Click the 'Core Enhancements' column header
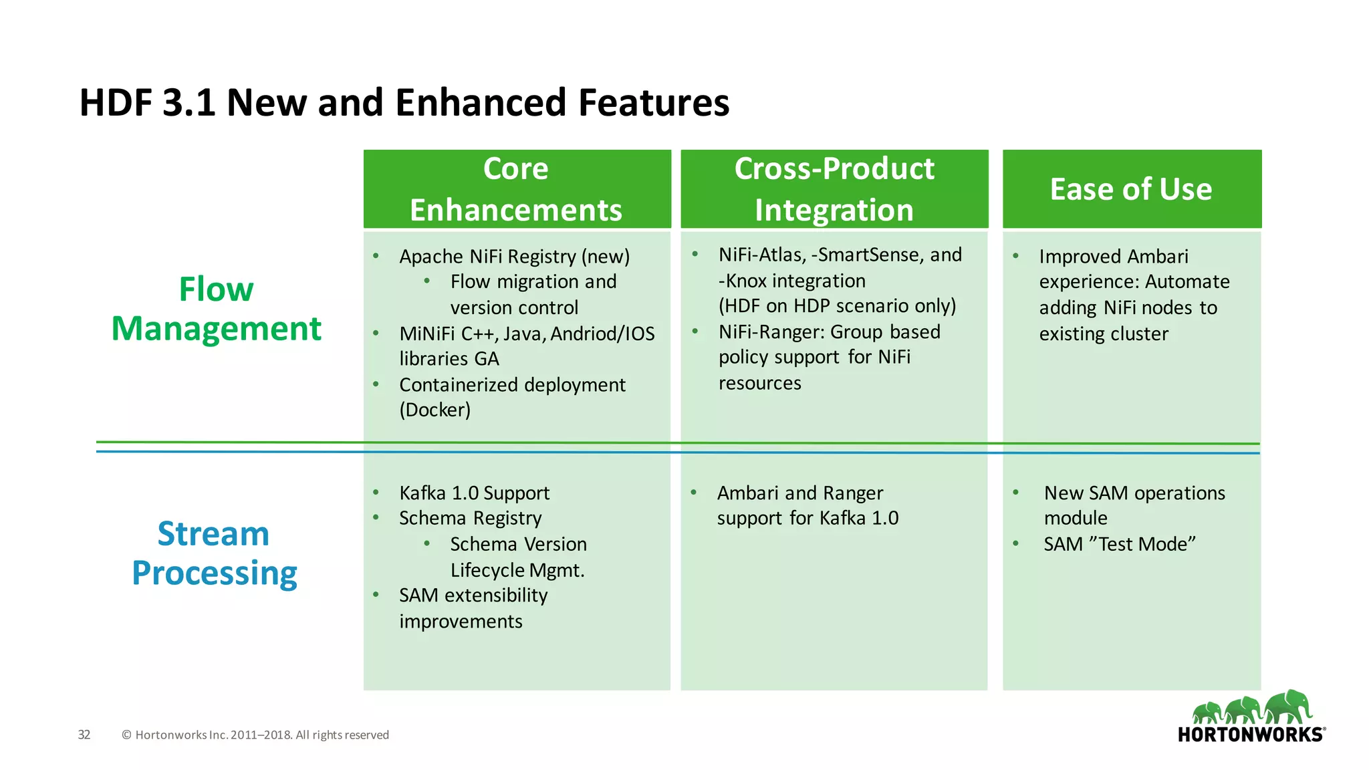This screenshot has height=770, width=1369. click(516, 189)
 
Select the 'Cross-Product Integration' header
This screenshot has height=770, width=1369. click(834, 189)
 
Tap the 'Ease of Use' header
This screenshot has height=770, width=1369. click(1131, 189)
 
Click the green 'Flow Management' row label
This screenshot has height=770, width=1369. click(216, 309)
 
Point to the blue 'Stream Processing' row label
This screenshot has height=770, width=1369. click(214, 553)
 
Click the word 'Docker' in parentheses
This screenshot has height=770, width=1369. click(435, 410)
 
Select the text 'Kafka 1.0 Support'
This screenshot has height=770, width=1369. click(474, 493)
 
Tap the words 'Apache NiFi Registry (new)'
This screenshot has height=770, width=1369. click(514, 257)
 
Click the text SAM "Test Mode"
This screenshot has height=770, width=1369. click(1120, 544)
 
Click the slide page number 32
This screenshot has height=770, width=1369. click(84, 735)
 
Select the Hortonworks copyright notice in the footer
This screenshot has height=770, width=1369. click(255, 735)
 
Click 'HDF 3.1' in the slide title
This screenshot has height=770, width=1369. click(147, 103)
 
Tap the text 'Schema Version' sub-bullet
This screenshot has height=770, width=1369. click(518, 544)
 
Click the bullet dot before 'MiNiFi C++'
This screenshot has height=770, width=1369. click(376, 333)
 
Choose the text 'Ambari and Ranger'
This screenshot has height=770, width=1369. click(799, 493)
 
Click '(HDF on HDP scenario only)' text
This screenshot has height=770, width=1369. click(837, 306)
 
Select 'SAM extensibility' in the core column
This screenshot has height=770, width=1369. click(473, 596)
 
